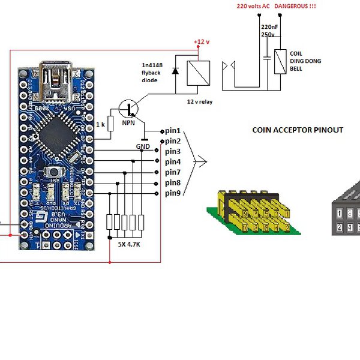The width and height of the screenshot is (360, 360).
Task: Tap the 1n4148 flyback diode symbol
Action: tap(175, 71)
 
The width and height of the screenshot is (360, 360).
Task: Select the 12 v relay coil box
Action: tap(197, 73)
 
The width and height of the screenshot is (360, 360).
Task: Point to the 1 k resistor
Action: tap(110, 125)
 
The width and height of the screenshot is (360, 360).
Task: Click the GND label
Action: tap(143, 146)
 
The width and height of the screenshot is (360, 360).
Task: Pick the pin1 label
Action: tap(173, 130)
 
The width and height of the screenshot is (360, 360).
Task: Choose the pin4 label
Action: tap(173, 162)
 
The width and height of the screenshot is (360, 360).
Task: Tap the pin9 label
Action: tap(173, 193)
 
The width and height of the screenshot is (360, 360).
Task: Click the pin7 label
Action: tap(173, 172)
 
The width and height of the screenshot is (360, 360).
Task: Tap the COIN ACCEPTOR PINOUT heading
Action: tap(298, 130)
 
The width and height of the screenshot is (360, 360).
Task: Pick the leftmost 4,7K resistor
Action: tap(110, 222)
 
